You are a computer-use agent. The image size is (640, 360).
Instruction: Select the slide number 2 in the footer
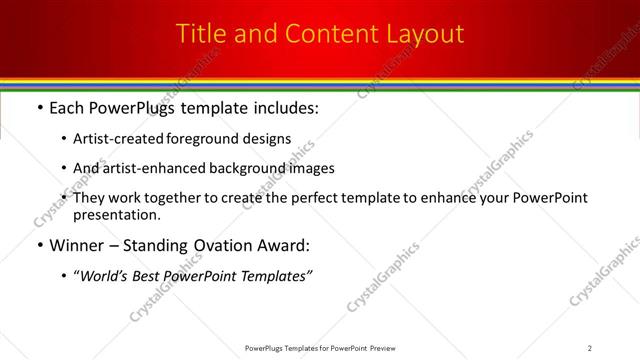[x=589, y=348]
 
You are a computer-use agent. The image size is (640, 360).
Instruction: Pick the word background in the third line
[x=255, y=168]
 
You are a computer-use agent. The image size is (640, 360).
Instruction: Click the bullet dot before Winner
[x=39, y=245]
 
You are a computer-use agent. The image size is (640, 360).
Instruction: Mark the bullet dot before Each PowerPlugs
[x=39, y=108]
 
